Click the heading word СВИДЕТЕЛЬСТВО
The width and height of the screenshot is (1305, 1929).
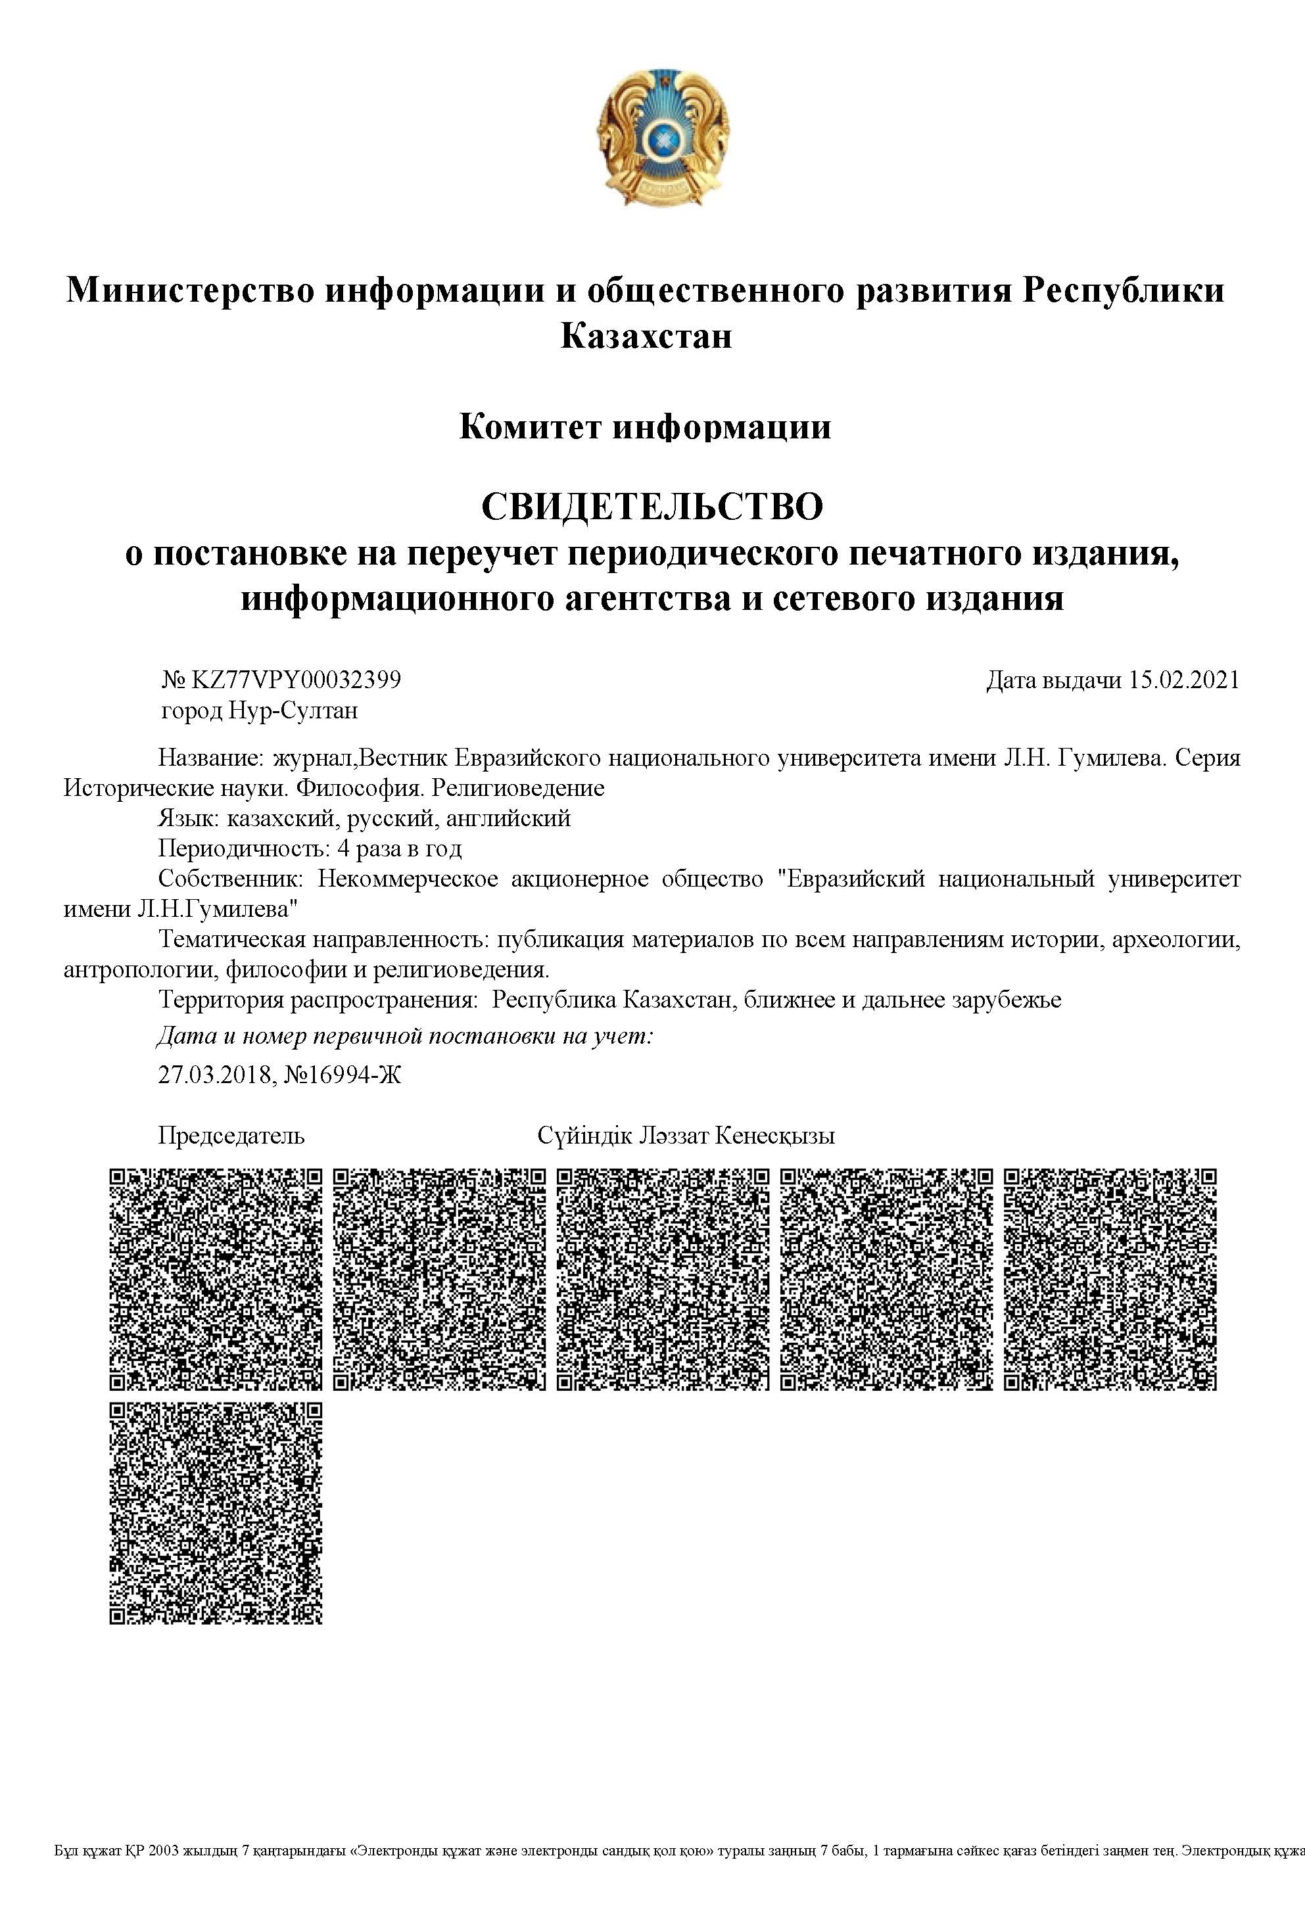(652, 505)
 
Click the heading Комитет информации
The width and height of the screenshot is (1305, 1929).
(644, 427)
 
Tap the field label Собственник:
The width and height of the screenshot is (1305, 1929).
(233, 879)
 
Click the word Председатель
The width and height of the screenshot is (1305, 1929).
(231, 1136)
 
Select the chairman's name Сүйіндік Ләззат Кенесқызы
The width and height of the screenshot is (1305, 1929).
(686, 1136)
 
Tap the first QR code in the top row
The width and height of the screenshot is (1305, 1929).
(216, 1279)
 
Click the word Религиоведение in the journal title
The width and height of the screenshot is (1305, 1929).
(519, 788)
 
